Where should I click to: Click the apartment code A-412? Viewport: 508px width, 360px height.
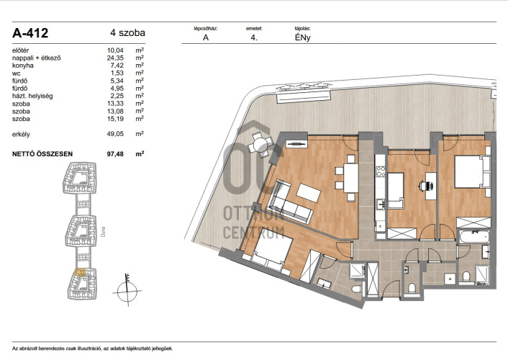(x=30, y=32)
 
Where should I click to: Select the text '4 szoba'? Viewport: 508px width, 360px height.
(x=127, y=32)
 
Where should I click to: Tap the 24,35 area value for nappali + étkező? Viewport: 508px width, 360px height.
(x=115, y=58)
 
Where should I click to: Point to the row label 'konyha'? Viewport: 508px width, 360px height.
(x=23, y=66)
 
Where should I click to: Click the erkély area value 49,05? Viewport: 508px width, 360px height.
(x=115, y=134)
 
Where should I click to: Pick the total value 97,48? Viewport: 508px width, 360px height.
(x=115, y=154)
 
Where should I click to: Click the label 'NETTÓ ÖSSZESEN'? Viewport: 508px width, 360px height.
(x=42, y=154)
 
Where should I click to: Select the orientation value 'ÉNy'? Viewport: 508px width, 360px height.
(x=303, y=37)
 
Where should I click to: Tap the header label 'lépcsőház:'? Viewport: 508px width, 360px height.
(x=206, y=29)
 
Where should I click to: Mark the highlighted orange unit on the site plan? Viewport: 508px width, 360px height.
(x=80, y=272)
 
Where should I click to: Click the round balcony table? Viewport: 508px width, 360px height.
(x=260, y=144)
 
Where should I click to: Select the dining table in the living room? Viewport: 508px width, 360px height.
(x=351, y=178)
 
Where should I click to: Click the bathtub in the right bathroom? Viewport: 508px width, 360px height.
(x=473, y=236)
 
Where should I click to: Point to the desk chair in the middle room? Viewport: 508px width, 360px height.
(x=426, y=186)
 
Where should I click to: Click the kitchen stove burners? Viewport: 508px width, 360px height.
(x=381, y=171)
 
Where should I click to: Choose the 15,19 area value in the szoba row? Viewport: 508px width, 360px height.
(x=115, y=119)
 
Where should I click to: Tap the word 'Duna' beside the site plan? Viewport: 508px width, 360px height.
(x=104, y=232)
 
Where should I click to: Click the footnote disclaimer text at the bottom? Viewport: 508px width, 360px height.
(x=93, y=348)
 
